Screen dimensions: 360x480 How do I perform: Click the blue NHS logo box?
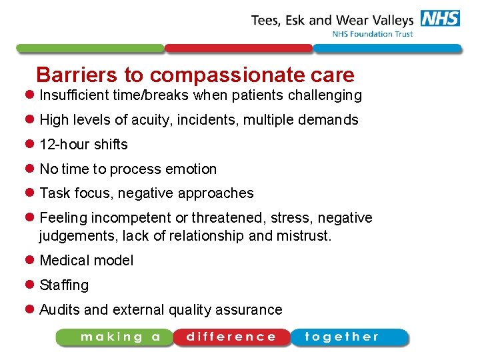(440, 19)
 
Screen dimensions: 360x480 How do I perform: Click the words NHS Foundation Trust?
(373, 34)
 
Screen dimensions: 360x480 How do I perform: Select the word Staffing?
(64, 285)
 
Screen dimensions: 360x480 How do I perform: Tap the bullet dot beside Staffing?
(31, 285)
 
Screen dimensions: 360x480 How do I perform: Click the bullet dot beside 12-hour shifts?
(31, 145)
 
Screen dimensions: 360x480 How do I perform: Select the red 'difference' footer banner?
(231, 337)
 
